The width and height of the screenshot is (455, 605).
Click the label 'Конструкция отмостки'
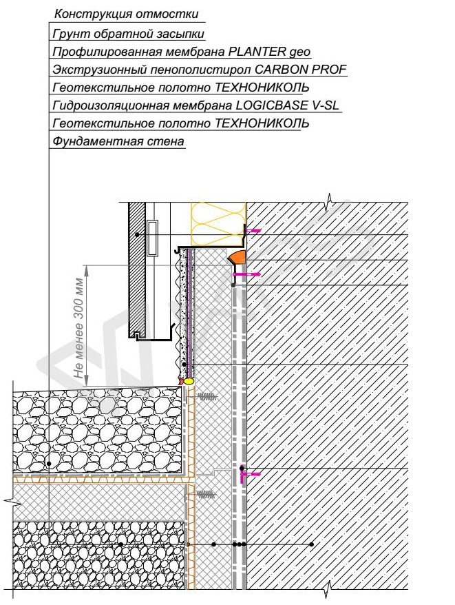pos(126,14)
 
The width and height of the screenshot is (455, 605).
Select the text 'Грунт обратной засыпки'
pos(128,34)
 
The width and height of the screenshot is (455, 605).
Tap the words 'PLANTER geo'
pos(269,52)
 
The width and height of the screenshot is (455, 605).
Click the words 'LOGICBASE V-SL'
pos(287,105)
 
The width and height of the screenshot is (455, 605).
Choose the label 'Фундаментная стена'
pos(118,141)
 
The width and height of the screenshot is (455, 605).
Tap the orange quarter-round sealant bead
pos(236,257)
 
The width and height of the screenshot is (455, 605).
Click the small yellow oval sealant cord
pos(189,381)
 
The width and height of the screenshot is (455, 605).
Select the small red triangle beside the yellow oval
pos(182,380)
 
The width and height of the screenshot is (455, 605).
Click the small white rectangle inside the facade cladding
pos(152,238)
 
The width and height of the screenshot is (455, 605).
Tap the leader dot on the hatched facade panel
pos(137,234)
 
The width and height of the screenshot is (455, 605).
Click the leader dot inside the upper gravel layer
pos(49,463)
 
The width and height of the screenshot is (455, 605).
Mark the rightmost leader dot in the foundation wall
pos(312,544)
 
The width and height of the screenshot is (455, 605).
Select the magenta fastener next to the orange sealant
pos(246,274)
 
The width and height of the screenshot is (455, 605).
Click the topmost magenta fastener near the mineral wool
pos(253,231)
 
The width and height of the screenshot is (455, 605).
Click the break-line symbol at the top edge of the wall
pos(329,202)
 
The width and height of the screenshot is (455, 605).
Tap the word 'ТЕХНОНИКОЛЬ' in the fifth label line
pos(262,88)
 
